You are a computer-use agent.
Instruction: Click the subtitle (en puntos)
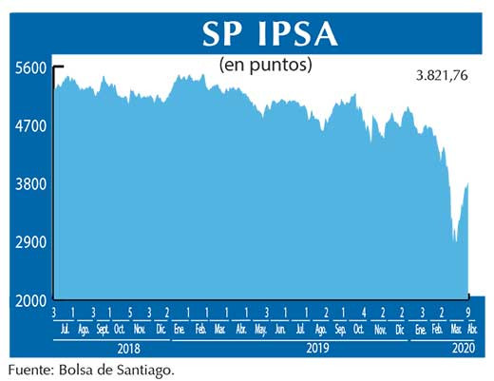[x=265, y=67]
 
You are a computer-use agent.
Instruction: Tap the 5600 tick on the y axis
[x=29, y=68]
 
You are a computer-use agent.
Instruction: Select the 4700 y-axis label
[x=29, y=126]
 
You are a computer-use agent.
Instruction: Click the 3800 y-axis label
[x=29, y=184]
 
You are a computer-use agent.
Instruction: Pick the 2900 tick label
[x=29, y=242]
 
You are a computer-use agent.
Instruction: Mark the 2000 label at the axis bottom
[x=29, y=300]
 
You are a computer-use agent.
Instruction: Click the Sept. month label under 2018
[x=103, y=329]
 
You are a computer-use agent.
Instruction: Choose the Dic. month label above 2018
[x=161, y=329]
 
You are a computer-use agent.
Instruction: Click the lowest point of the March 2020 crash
[x=456, y=242]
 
